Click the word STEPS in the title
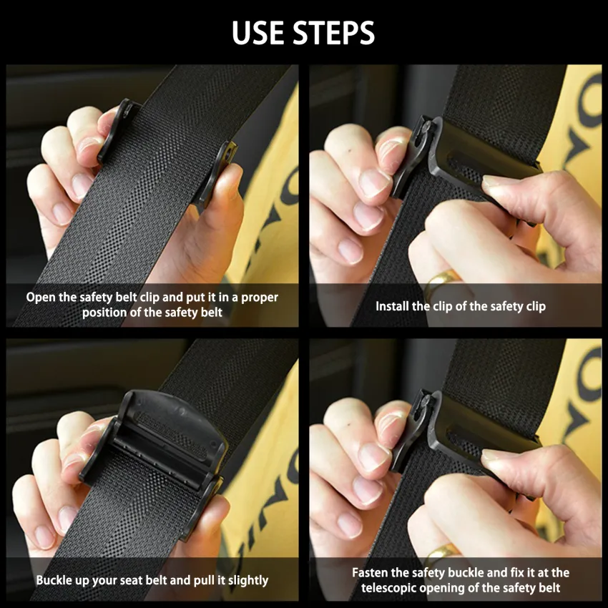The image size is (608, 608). coord(333,32)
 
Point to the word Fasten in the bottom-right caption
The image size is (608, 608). coord(372,573)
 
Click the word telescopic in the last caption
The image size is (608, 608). coord(390,588)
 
